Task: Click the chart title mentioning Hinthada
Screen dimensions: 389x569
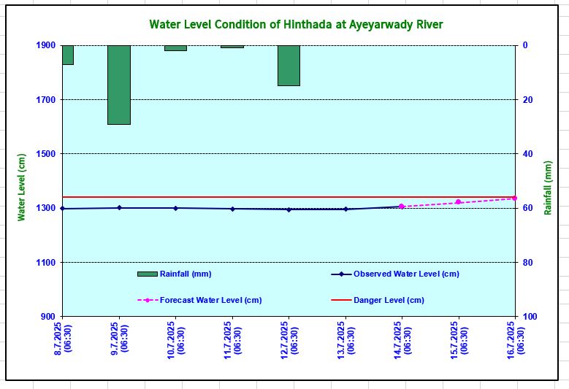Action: coord(296,25)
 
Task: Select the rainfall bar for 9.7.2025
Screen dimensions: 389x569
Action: coord(119,85)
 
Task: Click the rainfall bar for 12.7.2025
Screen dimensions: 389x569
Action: coord(289,66)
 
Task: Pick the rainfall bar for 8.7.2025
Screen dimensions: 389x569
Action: coord(67,55)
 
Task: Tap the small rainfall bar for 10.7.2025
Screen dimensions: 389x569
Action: coord(175,48)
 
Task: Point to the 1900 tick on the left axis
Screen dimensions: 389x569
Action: coord(45,45)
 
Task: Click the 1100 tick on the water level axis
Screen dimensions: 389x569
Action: coord(45,263)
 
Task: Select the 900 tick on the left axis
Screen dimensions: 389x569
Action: coord(47,317)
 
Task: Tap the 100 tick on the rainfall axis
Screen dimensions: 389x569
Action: coord(530,317)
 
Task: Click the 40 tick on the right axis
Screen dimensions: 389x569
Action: coord(527,154)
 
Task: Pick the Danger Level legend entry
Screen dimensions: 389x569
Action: coord(389,300)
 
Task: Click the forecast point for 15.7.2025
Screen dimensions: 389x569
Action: coord(458,202)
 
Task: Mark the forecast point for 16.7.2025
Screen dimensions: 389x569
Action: coord(514,198)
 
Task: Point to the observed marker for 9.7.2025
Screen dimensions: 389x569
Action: coord(119,208)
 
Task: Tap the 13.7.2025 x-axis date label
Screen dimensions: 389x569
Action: coord(345,339)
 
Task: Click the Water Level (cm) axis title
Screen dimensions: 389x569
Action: coord(22,187)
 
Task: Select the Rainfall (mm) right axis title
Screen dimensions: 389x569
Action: coord(548,187)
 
